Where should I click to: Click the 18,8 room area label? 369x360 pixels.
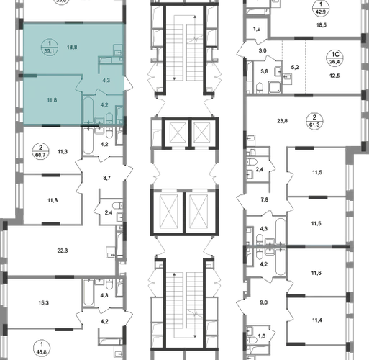point(72,48)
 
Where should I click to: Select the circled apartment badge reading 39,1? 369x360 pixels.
point(50,47)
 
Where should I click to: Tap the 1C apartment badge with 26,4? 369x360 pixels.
point(334,58)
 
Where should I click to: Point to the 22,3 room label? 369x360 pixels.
point(63,251)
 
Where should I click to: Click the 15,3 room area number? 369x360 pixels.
point(43,303)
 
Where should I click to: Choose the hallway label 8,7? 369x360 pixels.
point(106,178)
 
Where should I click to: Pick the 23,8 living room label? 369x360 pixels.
point(282,121)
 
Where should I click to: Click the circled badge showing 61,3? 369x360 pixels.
point(314,121)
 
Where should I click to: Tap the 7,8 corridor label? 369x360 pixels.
point(264,199)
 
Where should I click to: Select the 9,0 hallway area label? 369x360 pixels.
point(263,302)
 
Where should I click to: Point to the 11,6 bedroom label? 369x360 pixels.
point(316,273)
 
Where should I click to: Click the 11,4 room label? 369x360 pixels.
point(317,320)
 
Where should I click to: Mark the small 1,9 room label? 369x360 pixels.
point(257,29)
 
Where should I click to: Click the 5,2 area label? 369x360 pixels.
point(295,67)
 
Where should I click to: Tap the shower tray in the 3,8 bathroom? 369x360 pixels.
point(275,87)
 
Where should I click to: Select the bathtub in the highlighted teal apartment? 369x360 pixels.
point(88,109)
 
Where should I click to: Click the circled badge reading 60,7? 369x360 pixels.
point(40,151)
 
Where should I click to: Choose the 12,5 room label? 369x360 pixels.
point(334,76)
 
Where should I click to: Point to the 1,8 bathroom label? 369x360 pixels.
point(262,336)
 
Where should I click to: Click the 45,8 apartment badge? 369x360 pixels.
point(42,348)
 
